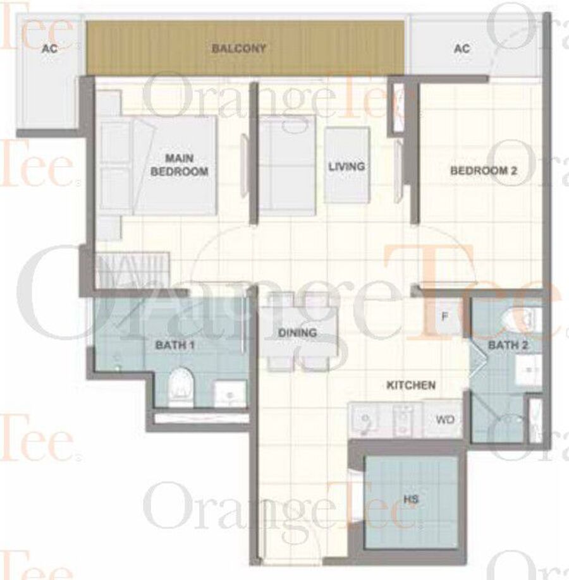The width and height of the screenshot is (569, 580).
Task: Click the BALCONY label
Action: [239, 49]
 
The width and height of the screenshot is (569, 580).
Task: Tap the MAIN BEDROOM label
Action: [179, 165]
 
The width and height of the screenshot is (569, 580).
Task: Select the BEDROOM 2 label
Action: [484, 171]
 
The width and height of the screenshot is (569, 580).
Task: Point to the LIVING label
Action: [346, 166]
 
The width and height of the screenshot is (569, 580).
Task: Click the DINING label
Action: [297, 333]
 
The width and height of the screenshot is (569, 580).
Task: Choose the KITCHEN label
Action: [411, 385]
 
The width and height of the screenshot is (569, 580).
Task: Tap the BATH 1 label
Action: [174, 345]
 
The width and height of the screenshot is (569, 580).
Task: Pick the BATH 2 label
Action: [508, 345]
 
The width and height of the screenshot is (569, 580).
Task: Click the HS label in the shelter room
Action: [411, 499]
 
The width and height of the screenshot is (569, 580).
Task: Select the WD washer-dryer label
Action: [445, 420]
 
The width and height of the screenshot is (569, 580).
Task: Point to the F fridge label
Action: [445, 317]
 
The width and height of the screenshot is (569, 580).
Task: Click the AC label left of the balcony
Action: [49, 49]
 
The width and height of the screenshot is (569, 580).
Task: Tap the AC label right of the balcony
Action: [462, 49]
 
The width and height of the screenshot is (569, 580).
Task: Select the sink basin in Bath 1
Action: [229, 394]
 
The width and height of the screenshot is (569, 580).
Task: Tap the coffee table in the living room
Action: [347, 165]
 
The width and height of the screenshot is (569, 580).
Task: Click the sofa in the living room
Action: [287, 165]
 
